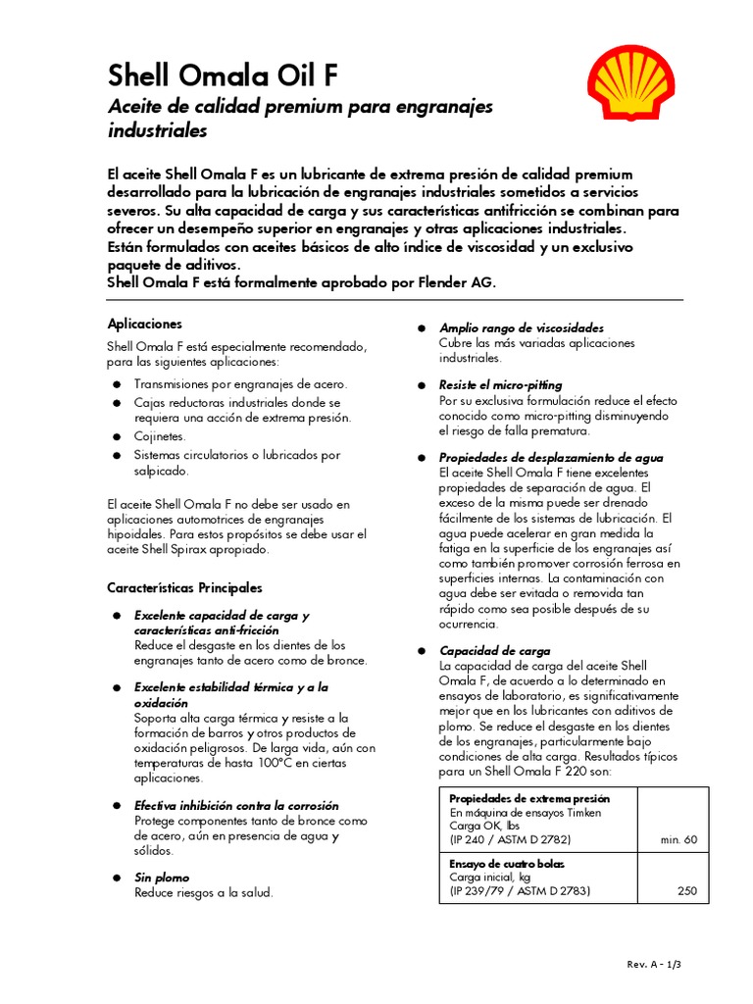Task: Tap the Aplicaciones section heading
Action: [x=144, y=324]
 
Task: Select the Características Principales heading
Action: [x=184, y=588]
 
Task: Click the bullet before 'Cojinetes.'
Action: [x=116, y=436]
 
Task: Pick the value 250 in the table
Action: [x=686, y=892]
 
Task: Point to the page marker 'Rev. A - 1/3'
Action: [x=654, y=965]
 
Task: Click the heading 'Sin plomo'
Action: [x=162, y=878]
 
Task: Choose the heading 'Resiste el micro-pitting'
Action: [x=500, y=385]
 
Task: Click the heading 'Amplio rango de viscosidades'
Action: [x=521, y=327]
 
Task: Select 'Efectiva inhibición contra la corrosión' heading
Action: [x=236, y=805]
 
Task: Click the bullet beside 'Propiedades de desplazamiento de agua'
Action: [x=421, y=458]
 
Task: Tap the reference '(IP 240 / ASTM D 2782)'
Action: [x=510, y=840]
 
